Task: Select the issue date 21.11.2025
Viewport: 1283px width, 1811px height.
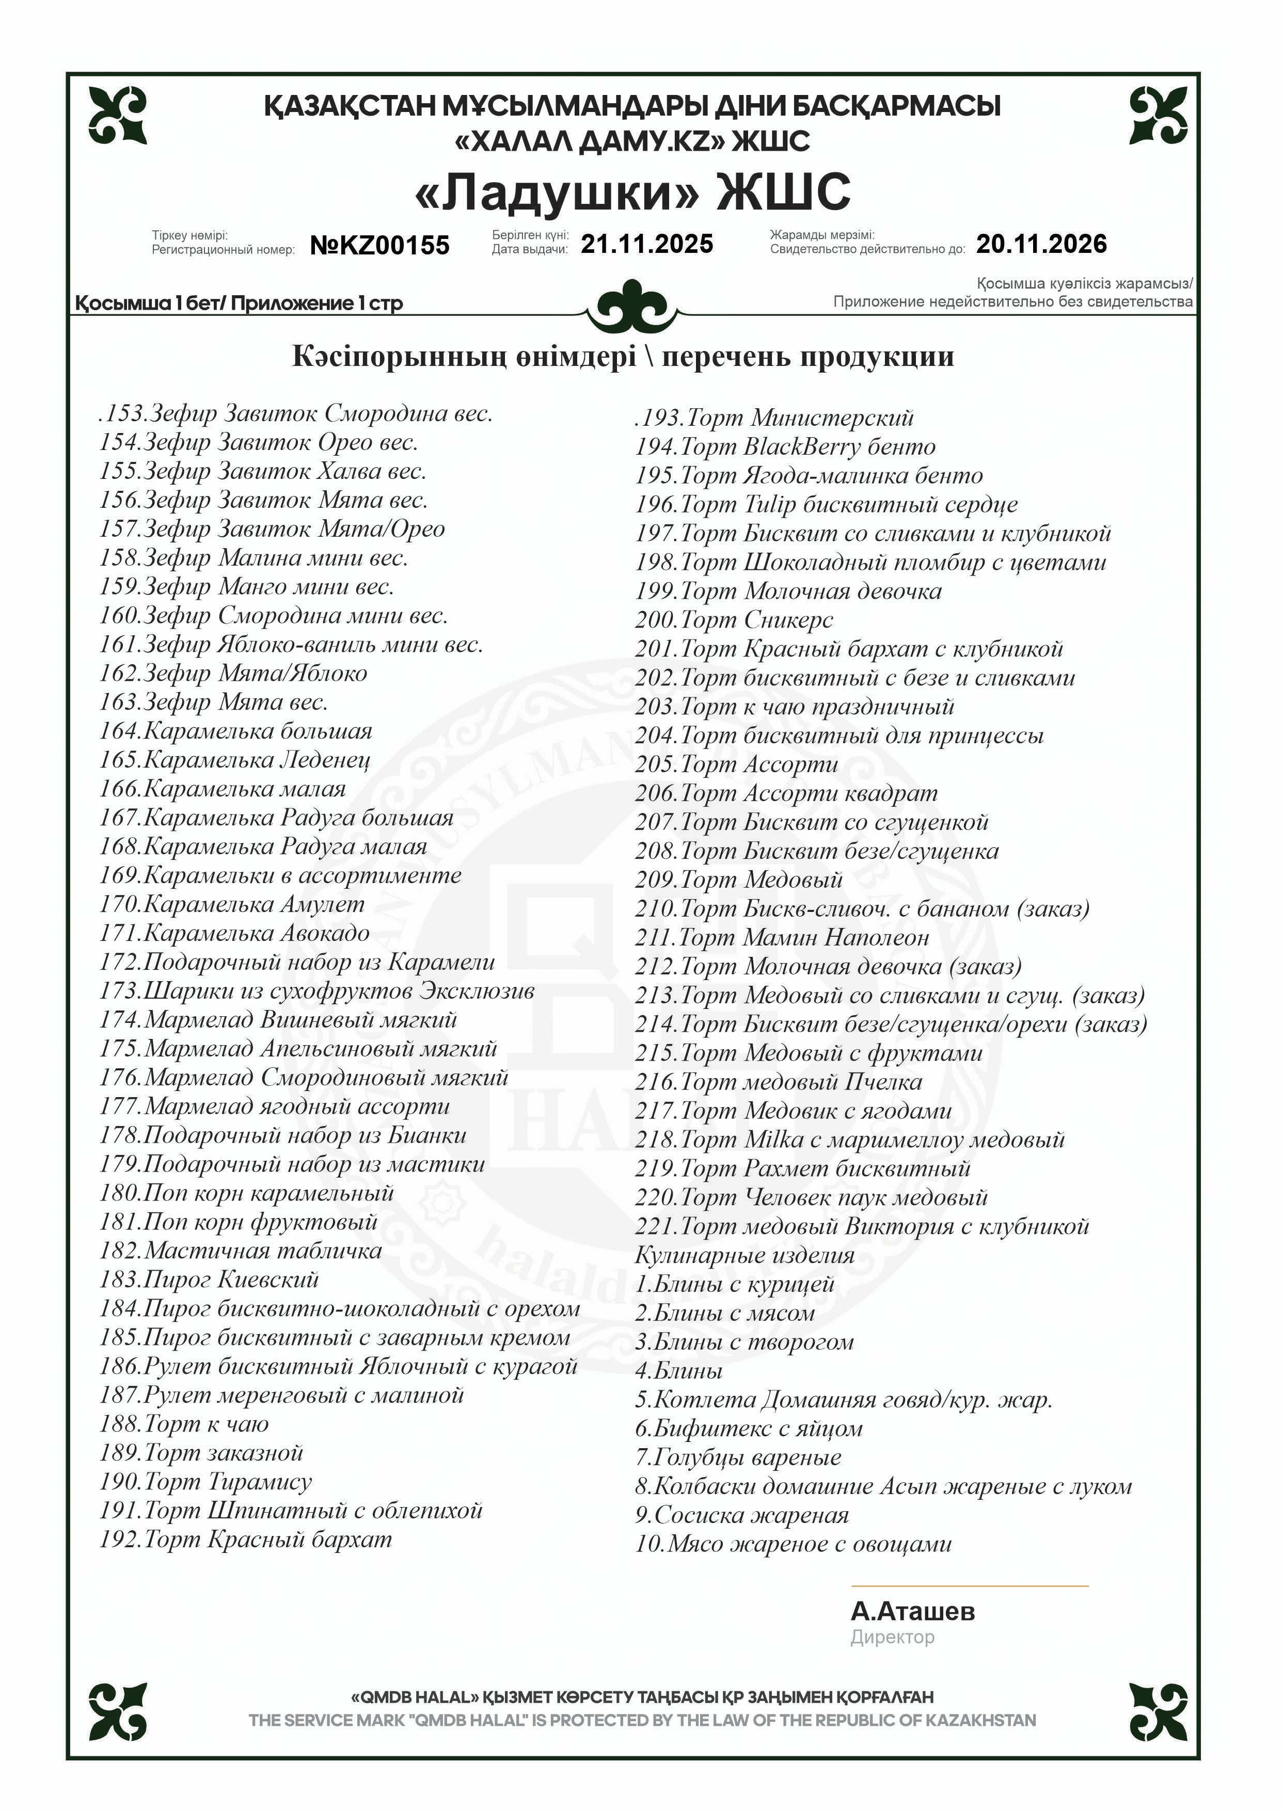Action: coord(646,244)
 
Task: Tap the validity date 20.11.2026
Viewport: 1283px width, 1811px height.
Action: coord(1041,244)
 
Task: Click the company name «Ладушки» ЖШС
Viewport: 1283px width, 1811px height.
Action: coord(633,192)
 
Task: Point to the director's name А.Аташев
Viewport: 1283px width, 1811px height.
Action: coord(912,1611)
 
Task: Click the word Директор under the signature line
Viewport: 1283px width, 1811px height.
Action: coord(892,1637)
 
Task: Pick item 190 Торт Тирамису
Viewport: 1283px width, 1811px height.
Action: coord(205,1482)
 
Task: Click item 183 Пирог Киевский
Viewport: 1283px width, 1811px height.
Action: coord(209,1279)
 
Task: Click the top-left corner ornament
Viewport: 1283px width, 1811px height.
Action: coord(118,115)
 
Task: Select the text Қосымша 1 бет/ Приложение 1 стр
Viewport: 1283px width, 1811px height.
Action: coord(240,303)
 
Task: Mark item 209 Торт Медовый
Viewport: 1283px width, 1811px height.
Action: coord(739,880)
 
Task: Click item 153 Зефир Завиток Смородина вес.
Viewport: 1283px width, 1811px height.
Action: coord(296,413)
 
